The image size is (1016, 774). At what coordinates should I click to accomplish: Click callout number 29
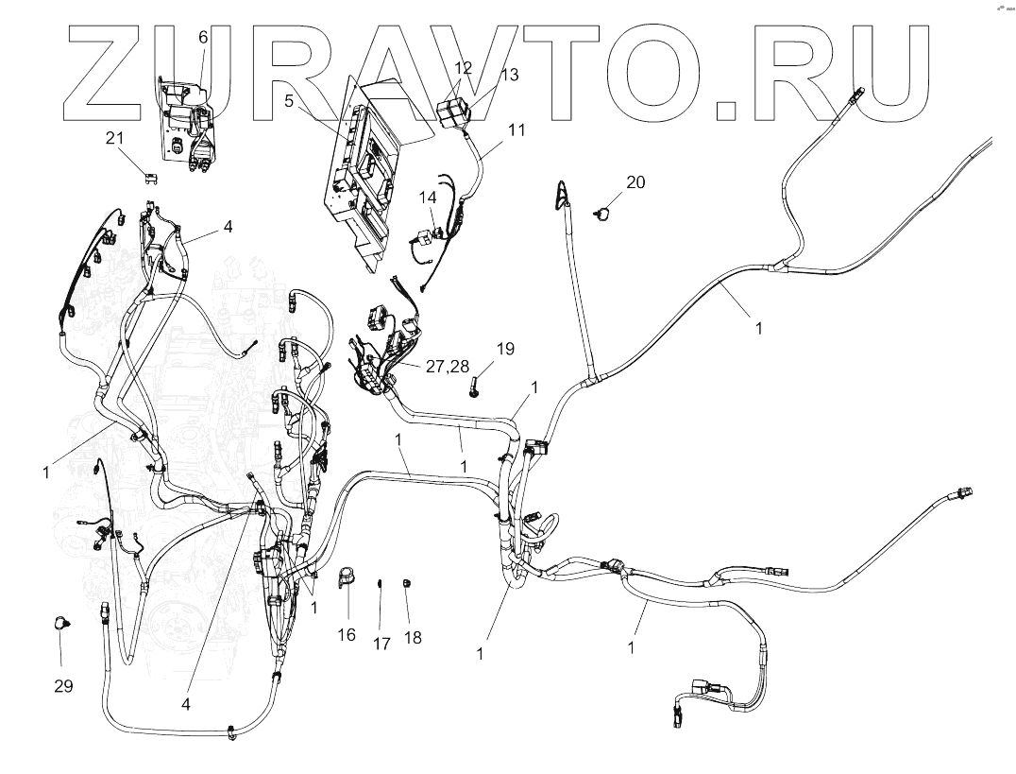click(x=63, y=686)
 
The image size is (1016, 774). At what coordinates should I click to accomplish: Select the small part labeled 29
click(x=61, y=622)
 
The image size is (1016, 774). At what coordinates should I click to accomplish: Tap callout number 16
click(x=347, y=635)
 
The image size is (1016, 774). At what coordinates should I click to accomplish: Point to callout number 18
click(x=413, y=638)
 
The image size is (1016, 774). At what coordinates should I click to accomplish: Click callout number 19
click(x=505, y=349)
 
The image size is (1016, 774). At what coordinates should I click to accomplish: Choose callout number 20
click(x=635, y=182)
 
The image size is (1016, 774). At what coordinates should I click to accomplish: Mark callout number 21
click(x=114, y=138)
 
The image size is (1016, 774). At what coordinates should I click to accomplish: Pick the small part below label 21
click(x=150, y=175)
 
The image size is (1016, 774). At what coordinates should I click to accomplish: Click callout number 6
click(x=202, y=37)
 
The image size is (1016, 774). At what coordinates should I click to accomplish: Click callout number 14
click(x=428, y=198)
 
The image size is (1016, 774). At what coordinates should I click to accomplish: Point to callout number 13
click(x=509, y=76)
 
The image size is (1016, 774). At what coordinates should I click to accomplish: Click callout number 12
click(x=463, y=68)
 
